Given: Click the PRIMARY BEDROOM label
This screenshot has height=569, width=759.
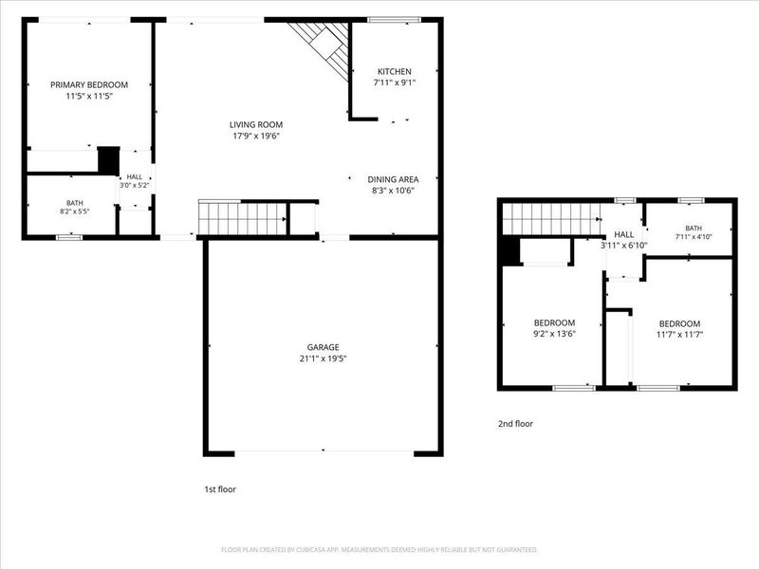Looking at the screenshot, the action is click(89, 84).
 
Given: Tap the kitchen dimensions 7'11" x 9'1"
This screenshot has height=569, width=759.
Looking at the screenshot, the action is click(395, 83).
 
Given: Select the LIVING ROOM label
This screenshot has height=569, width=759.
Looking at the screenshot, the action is click(256, 125).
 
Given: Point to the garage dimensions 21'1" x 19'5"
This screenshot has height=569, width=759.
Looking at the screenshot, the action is click(323, 358).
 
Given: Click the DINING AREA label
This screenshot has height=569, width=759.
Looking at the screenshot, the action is click(393, 179).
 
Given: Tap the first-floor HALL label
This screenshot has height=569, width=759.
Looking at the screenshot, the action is click(135, 177).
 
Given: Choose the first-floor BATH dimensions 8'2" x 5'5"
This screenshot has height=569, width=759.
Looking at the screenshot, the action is click(75, 211).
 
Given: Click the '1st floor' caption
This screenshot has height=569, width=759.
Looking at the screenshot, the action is click(220, 489).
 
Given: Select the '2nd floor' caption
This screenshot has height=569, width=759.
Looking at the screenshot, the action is click(515, 424).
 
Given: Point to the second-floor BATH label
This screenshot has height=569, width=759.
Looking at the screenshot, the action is click(694, 229).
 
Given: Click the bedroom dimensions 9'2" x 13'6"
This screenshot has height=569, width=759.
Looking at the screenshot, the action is click(554, 334).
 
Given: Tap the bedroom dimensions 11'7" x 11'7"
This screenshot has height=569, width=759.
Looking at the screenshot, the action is click(679, 335).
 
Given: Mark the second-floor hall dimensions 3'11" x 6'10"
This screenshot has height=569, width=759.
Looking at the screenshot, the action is click(624, 246).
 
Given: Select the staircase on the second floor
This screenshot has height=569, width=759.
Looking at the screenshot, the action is click(552, 219).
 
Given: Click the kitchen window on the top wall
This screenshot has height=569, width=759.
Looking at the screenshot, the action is click(395, 20).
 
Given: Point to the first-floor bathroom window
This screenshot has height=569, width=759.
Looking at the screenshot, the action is click(69, 238).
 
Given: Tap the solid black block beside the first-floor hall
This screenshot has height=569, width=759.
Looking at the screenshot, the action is click(109, 160).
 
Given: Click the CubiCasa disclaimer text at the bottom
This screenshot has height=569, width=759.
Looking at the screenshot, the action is click(379, 550).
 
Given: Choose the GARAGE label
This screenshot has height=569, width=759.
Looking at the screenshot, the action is click(323, 347).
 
